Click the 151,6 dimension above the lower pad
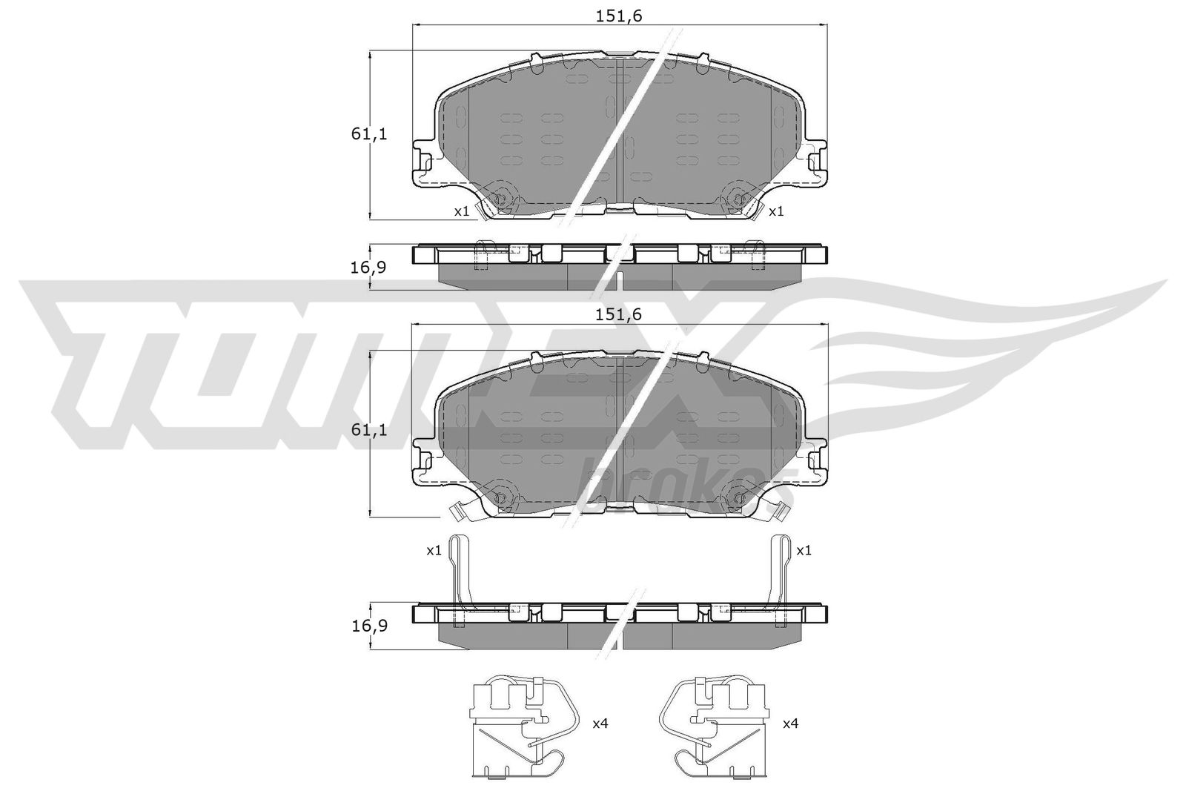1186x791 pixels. point(617,314)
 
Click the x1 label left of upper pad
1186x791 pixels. point(462,211)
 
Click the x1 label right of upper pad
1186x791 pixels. point(776,211)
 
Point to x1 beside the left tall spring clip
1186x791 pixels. point(434,551)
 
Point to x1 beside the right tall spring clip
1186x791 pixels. point(804,551)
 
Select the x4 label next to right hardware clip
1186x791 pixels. point(791,723)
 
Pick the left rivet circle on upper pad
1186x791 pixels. point(500,199)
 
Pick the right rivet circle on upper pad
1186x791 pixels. point(738,199)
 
